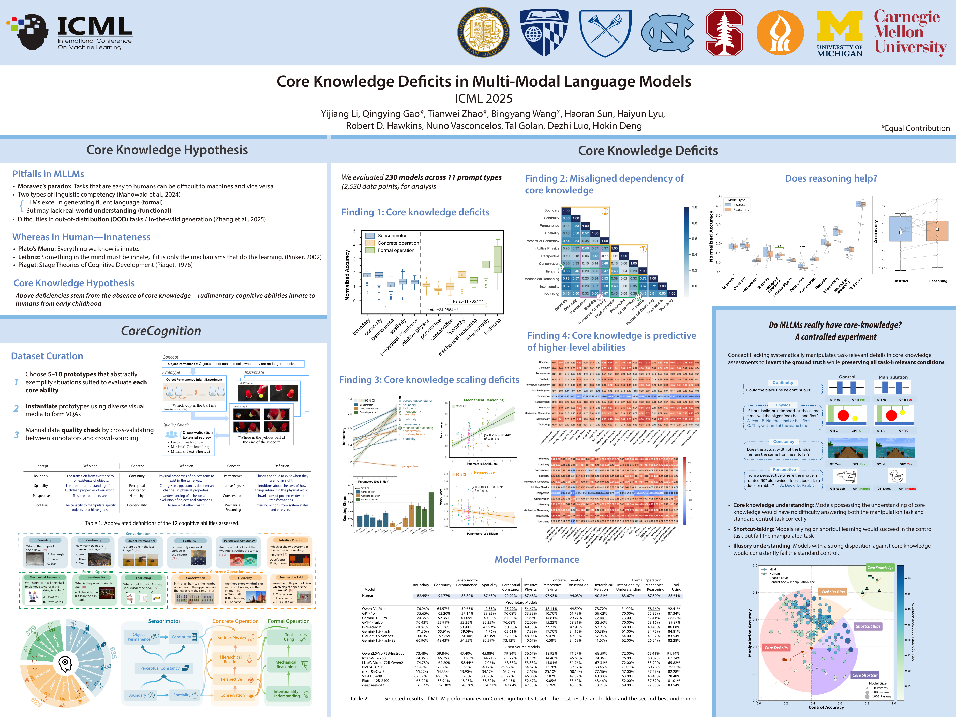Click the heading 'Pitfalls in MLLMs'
tap(48, 174)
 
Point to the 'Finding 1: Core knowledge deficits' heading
tap(415, 212)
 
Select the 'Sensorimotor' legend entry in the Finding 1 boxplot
tap(392, 235)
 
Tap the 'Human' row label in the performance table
tap(368, 595)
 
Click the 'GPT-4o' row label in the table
tap(368, 613)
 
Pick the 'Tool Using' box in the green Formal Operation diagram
tap(289, 637)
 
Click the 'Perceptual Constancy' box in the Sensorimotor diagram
tap(160, 668)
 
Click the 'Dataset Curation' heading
tap(47, 356)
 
